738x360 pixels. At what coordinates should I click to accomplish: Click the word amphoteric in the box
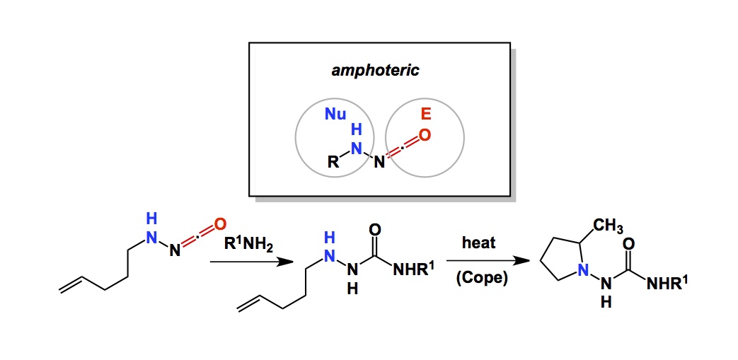(375, 71)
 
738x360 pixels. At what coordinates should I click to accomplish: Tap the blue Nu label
(335, 113)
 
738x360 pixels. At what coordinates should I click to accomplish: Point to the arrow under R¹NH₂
(252, 262)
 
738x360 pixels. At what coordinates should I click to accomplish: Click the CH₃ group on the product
(608, 227)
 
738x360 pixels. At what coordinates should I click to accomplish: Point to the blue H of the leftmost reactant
(151, 218)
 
